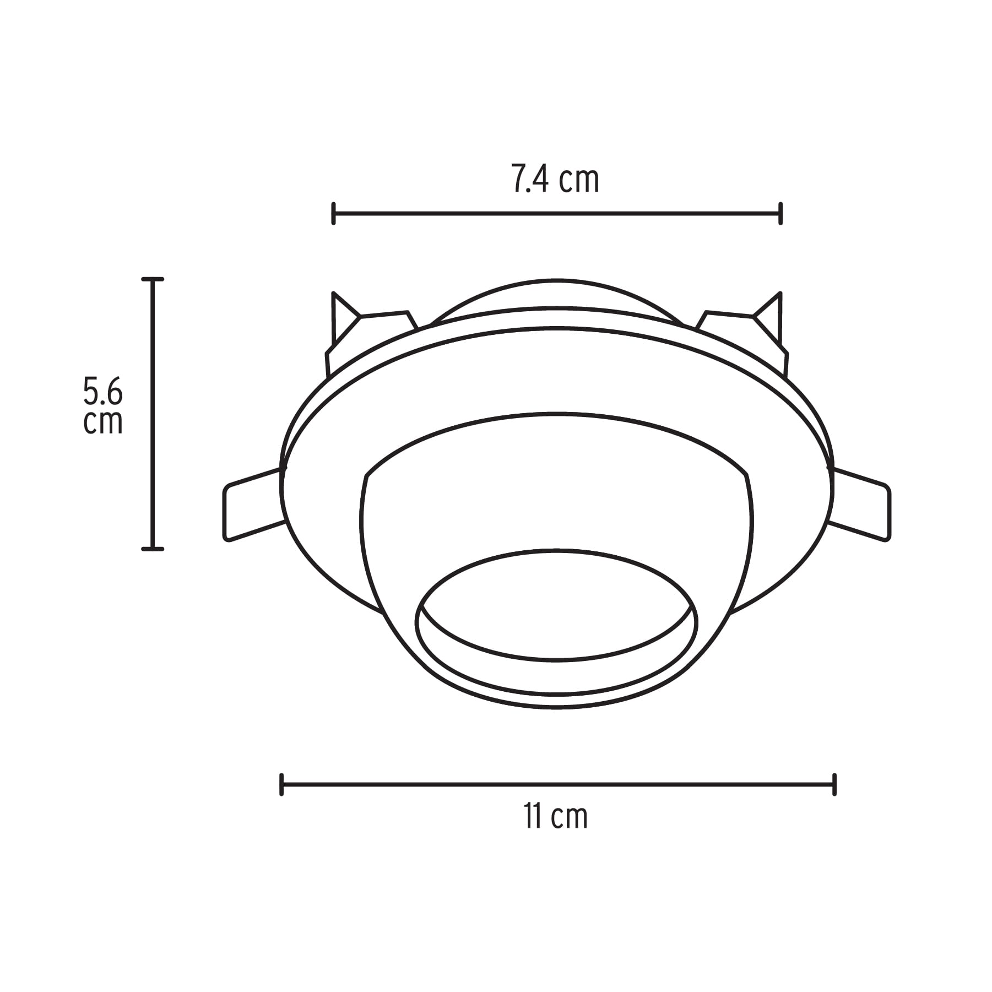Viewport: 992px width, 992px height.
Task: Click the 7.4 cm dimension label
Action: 555,179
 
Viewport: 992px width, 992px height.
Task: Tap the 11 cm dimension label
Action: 555,816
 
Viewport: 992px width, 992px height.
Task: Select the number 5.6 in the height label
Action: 103,392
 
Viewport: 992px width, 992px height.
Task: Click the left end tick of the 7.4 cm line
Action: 333,214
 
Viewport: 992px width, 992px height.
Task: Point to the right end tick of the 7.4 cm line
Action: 780,214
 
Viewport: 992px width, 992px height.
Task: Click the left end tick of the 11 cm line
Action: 281,784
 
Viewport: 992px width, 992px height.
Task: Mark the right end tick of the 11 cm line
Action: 834,784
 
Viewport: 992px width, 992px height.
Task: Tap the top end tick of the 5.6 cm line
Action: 153,280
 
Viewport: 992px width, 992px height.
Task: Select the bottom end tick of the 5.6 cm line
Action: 153,549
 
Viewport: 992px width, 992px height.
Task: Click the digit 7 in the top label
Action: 518,179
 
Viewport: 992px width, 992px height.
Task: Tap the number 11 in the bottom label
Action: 532,816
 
